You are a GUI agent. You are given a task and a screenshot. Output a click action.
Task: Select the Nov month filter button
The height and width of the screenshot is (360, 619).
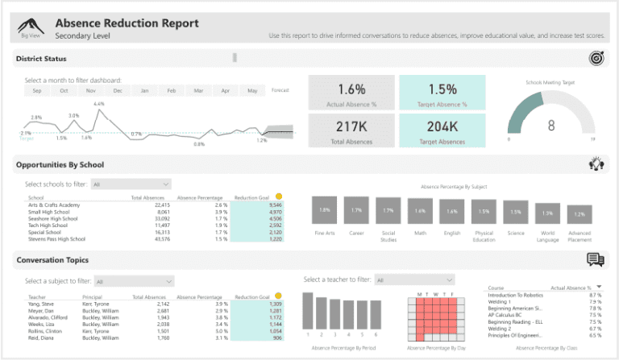pyautogui.click(x=91, y=91)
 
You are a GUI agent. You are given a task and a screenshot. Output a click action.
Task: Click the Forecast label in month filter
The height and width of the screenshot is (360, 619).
pyautogui.click(x=280, y=90)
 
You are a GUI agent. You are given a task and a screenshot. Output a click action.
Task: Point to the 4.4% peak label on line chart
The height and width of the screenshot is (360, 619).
pyautogui.click(x=98, y=104)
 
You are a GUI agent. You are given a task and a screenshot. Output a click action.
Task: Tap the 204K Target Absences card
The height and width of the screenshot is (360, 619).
pyautogui.click(x=442, y=131)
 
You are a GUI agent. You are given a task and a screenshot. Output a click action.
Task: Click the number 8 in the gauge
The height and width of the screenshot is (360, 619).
pyautogui.click(x=550, y=125)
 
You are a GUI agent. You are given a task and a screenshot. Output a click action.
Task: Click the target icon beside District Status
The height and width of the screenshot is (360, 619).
pyautogui.click(x=595, y=58)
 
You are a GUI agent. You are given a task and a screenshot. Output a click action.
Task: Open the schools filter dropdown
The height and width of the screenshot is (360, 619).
pyautogui.click(x=131, y=184)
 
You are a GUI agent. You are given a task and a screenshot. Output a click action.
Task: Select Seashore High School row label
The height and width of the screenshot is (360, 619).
pyautogui.click(x=53, y=218)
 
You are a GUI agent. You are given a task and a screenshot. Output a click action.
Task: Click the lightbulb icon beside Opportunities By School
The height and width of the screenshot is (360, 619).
pyautogui.click(x=595, y=164)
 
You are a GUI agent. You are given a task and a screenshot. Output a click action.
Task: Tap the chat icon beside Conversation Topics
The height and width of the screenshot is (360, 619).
pyautogui.click(x=595, y=259)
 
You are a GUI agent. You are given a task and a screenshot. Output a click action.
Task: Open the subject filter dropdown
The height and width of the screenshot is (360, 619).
pyautogui.click(x=134, y=281)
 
